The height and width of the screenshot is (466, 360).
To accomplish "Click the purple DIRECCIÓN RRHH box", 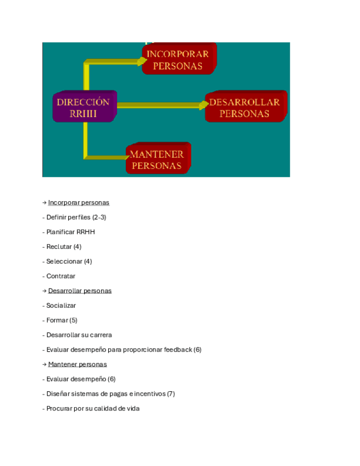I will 84,107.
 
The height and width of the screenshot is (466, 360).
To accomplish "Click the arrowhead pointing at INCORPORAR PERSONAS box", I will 140,62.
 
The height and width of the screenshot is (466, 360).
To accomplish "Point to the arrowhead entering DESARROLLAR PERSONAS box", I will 203,105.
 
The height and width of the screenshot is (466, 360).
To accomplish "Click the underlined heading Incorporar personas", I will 79,203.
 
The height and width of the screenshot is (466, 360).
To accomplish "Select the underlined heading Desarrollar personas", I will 80,291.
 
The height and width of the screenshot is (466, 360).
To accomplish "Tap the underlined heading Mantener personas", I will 77,364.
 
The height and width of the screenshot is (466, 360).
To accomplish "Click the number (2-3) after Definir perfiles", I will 99,218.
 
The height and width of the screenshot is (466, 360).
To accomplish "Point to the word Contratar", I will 60,276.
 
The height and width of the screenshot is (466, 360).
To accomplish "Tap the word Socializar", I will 61,306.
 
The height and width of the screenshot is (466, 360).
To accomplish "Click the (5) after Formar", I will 73,320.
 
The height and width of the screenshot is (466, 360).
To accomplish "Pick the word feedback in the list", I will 178,349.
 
